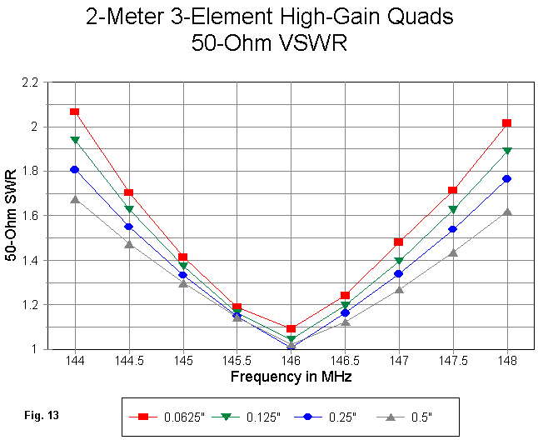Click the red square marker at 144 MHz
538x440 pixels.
[x=75, y=112]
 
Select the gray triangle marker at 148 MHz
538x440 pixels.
[x=506, y=212]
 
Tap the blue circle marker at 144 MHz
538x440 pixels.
[x=75, y=169]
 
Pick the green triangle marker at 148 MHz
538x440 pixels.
[x=506, y=151]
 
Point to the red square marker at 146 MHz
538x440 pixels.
[x=291, y=329]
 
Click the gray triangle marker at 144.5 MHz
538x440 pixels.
[x=129, y=244]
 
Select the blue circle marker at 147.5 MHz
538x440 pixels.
[x=452, y=229]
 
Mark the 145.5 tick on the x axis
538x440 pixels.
[x=237, y=362]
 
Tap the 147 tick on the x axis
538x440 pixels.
[x=399, y=362]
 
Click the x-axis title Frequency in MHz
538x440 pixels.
[x=291, y=377]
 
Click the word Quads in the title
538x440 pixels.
[x=421, y=17]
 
